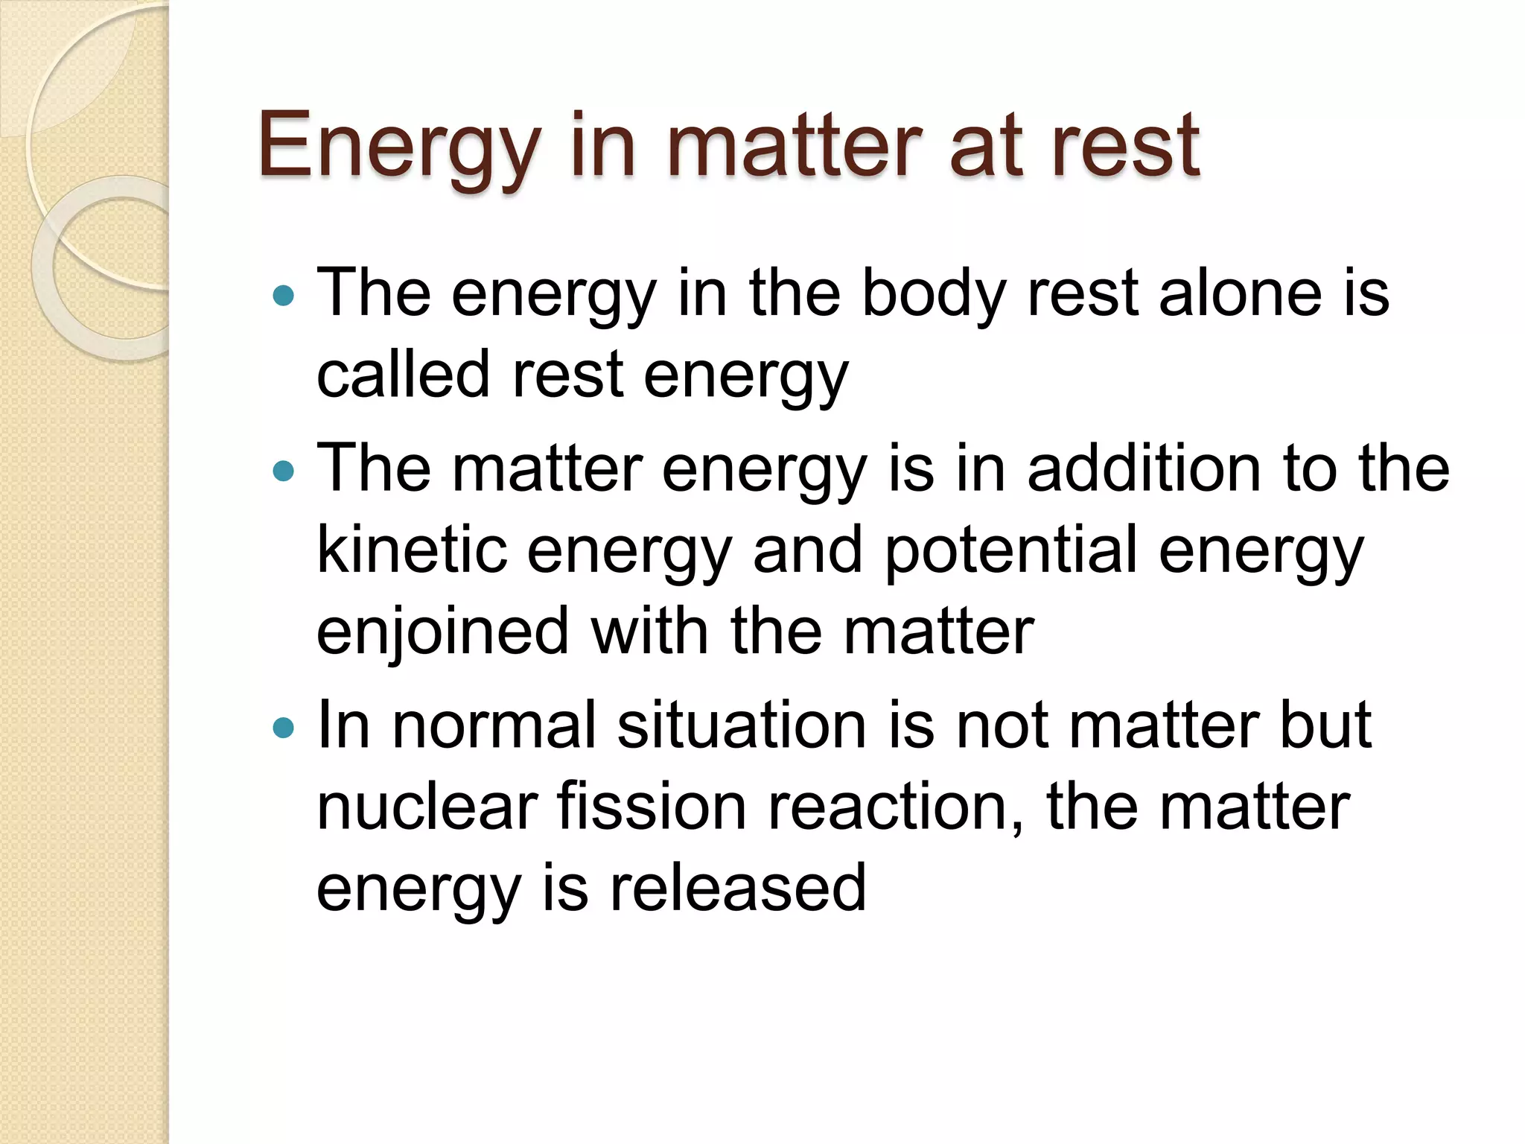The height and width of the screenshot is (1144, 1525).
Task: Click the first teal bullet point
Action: [x=284, y=296]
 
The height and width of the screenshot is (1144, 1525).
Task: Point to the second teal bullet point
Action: [x=284, y=471]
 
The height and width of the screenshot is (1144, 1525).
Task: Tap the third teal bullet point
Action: [x=284, y=728]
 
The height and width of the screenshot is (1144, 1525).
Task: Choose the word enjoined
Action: [x=442, y=632]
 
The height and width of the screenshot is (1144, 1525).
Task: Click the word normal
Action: [x=495, y=725]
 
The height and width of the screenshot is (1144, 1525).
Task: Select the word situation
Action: [x=741, y=725]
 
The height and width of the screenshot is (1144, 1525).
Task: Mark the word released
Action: [x=738, y=888]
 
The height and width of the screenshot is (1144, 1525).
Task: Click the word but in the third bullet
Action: [x=1325, y=725]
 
